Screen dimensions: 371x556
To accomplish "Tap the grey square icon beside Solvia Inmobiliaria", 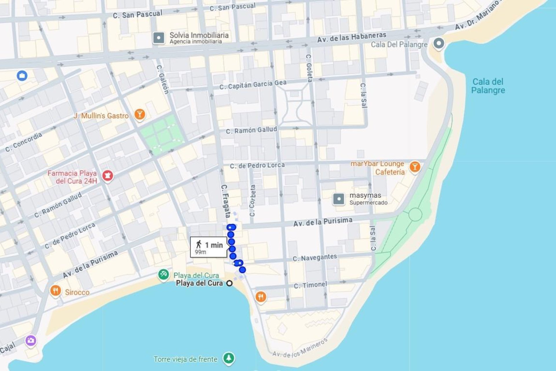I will pyautogui.click(x=159, y=38).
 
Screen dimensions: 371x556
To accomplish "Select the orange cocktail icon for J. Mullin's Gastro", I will pyautogui.click(x=140, y=114).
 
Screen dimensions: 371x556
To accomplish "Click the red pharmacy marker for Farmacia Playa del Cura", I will pyautogui.click(x=108, y=175).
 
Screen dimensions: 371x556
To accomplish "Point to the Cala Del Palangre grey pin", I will pyautogui.click(x=439, y=43).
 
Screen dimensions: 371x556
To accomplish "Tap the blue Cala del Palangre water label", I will pyautogui.click(x=488, y=86).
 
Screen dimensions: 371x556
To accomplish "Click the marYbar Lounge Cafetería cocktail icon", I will pyautogui.click(x=415, y=167).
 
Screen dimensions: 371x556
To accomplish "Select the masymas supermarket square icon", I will pyautogui.click(x=339, y=199).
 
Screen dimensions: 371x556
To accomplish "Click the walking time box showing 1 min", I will pyautogui.click(x=209, y=247).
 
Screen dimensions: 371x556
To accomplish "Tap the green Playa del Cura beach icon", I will pyautogui.click(x=163, y=274).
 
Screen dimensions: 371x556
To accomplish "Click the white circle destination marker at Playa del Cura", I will pyautogui.click(x=229, y=283).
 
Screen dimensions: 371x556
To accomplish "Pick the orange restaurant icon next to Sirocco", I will pyautogui.click(x=55, y=290).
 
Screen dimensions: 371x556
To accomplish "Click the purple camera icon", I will pyautogui.click(x=31, y=340).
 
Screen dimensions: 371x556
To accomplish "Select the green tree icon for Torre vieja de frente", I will pyautogui.click(x=229, y=358).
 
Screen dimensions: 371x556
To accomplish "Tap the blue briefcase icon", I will pyautogui.click(x=22, y=76).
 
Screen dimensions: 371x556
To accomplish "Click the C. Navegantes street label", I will pyautogui.click(x=314, y=257).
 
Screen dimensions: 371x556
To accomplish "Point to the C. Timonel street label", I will pyautogui.click(x=310, y=285).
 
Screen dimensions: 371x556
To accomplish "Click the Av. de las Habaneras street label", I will pyautogui.click(x=352, y=37).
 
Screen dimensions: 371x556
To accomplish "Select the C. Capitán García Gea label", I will pyautogui.click(x=253, y=85).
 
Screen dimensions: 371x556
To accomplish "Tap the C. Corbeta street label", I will pyautogui.click(x=253, y=201).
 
